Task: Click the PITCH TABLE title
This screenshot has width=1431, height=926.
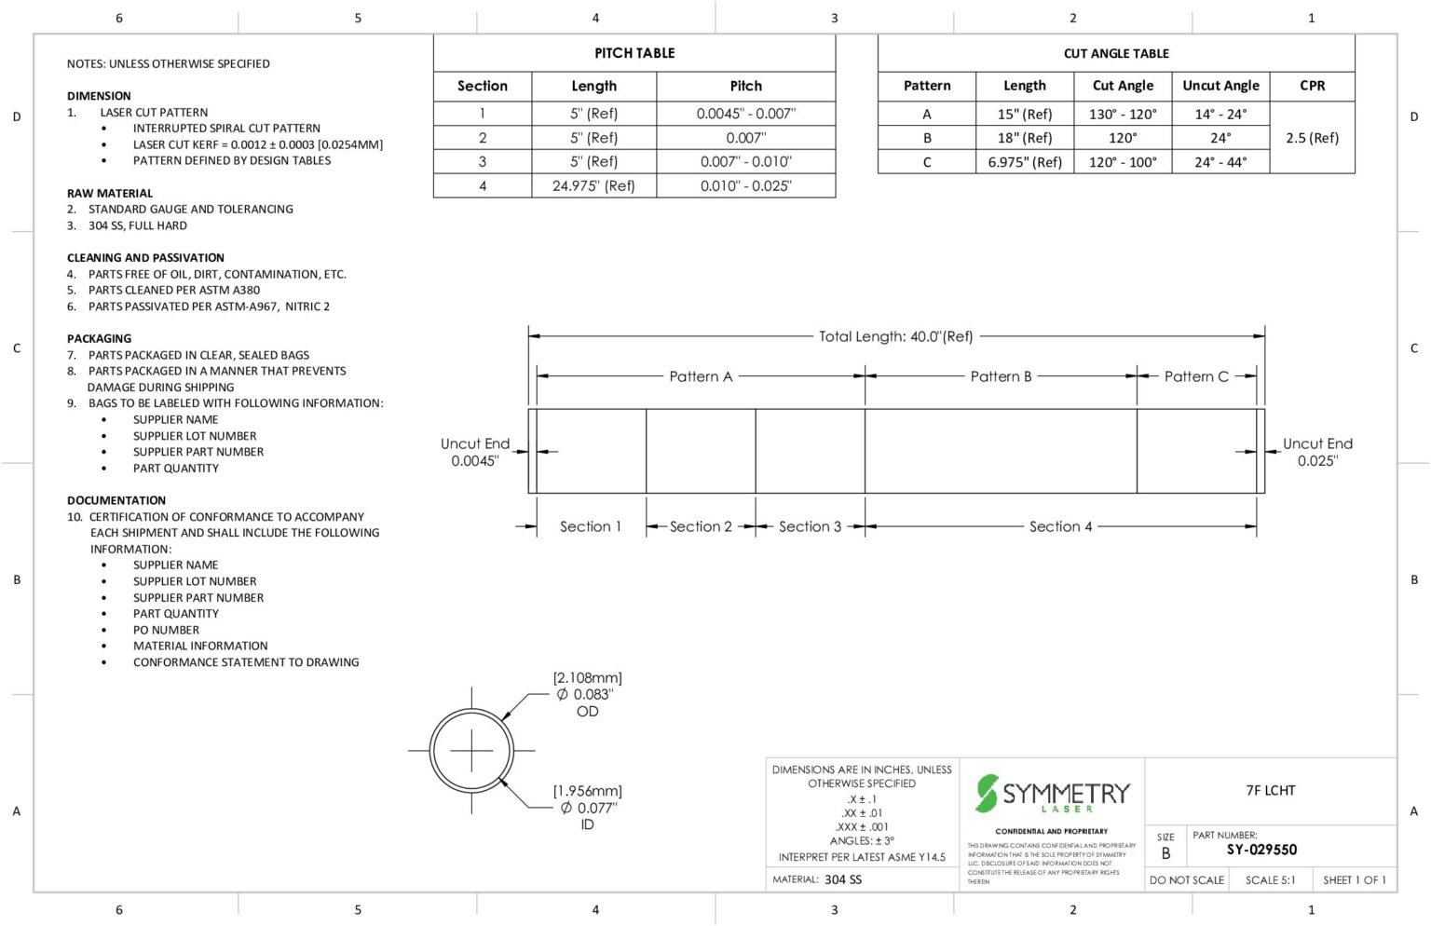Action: (x=634, y=53)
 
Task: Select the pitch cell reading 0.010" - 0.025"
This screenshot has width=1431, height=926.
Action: (x=745, y=185)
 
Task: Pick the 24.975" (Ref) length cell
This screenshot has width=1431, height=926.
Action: (x=593, y=185)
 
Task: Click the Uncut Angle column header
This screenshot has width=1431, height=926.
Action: (x=1220, y=85)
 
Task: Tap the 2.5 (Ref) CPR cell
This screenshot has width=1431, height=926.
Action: (x=1312, y=137)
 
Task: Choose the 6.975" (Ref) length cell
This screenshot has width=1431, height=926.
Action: (x=1024, y=162)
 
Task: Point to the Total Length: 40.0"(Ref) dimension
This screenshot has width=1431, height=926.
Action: (x=895, y=336)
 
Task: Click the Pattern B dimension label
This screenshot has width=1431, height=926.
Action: (x=1001, y=376)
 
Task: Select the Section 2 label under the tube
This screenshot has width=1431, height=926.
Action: (x=701, y=526)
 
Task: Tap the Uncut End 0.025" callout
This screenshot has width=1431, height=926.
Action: (x=1317, y=452)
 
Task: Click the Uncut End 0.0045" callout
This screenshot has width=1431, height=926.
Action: (x=474, y=452)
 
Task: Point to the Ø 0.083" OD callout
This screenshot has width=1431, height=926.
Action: (x=587, y=695)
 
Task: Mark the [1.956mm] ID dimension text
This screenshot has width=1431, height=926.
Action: (x=587, y=791)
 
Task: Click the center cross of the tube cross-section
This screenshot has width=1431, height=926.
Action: (x=471, y=750)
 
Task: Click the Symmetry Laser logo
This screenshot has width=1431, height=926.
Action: (x=1052, y=794)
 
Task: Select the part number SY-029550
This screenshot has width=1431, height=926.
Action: (x=1261, y=850)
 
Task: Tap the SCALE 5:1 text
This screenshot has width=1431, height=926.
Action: (x=1270, y=879)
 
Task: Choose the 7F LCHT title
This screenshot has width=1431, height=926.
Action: (x=1270, y=790)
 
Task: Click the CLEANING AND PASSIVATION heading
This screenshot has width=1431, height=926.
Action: (x=145, y=257)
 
